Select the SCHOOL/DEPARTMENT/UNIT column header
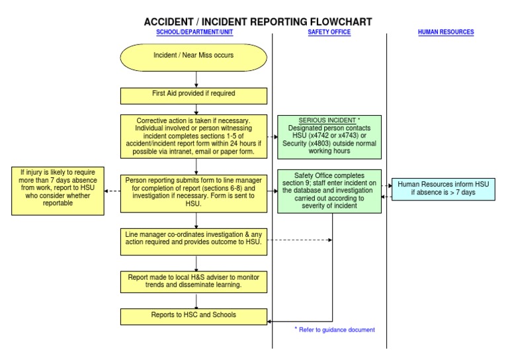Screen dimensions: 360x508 click(194, 32)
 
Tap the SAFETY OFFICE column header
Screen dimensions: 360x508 click(329, 32)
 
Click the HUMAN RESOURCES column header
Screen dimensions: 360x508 click(446, 32)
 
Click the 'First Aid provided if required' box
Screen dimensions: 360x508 click(194, 94)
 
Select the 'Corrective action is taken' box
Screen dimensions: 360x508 click(194, 136)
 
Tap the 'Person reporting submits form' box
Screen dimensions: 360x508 click(194, 191)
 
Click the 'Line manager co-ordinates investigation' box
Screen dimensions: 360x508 click(194, 238)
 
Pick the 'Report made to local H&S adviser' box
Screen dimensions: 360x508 click(194, 281)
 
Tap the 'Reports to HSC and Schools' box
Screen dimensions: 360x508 click(194, 315)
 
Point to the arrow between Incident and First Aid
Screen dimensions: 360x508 click(196, 79)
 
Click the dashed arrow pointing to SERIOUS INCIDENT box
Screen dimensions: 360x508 click(272, 136)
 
